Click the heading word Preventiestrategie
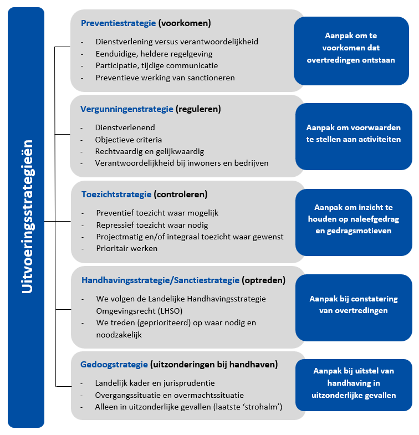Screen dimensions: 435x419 118,23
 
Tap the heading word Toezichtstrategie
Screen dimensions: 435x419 116,195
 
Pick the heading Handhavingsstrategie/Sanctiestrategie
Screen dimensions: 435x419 160,280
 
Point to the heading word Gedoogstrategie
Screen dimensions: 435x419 114,365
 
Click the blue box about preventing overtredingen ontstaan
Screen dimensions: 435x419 351,50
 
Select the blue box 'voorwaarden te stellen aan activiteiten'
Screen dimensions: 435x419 354,135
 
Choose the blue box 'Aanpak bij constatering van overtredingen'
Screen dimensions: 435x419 354,305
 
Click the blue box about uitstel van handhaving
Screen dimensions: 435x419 354,383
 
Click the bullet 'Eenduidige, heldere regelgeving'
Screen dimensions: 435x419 154,54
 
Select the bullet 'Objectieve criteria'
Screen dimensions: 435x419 129,139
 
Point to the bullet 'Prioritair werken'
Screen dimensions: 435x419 127,248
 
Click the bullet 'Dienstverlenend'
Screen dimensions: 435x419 125,127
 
